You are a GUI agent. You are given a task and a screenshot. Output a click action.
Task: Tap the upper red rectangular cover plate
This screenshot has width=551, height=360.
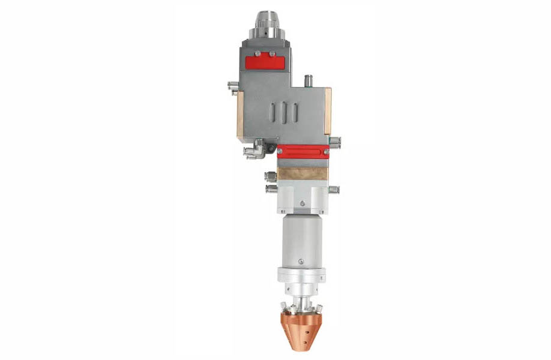265,61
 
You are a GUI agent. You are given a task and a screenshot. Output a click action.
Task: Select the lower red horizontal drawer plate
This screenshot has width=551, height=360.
303,151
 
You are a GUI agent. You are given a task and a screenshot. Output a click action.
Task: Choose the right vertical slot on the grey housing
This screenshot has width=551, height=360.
295,112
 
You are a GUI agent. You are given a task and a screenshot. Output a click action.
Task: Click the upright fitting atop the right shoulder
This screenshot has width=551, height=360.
310,79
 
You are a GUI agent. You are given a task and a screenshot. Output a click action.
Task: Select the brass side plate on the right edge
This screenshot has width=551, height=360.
328,112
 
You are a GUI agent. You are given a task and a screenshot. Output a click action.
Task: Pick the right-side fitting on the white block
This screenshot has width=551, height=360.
334,190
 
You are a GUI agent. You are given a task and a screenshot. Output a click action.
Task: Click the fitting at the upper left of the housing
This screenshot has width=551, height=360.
233,86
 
